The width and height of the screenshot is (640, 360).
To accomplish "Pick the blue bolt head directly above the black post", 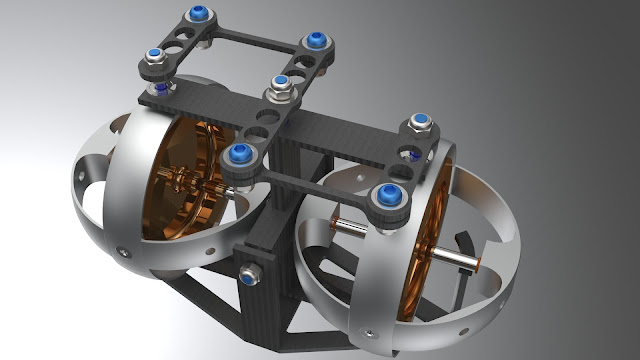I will [x=240, y=153].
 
